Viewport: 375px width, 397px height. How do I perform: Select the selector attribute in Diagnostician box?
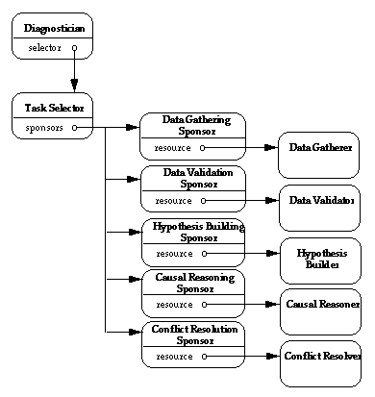click(x=44, y=46)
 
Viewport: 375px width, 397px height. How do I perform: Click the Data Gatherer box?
click(x=319, y=149)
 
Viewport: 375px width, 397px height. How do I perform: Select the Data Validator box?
click(x=319, y=201)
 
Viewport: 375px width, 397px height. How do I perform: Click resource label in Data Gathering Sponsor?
click(x=173, y=149)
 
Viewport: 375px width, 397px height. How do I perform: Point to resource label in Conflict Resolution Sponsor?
click(x=173, y=358)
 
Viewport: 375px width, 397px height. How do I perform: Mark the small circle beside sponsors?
click(x=74, y=126)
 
